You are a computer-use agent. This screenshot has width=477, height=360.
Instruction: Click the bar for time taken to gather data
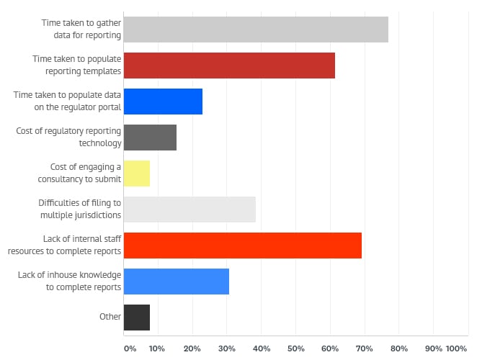click(256, 30)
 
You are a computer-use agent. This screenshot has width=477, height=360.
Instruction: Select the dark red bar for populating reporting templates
click(229, 66)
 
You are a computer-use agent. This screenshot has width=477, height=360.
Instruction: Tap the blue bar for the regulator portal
click(163, 102)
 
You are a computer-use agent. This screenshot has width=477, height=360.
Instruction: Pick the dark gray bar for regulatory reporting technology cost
click(150, 137)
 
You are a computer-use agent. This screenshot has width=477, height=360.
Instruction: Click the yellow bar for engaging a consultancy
click(137, 173)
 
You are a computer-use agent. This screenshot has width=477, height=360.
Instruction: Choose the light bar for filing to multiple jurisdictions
click(190, 209)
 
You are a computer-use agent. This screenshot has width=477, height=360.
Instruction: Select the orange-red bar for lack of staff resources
click(243, 246)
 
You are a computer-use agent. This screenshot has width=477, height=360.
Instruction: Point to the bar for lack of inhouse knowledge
click(177, 281)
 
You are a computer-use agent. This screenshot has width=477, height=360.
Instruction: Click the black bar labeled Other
click(137, 317)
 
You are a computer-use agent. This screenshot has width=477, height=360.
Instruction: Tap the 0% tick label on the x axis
click(130, 348)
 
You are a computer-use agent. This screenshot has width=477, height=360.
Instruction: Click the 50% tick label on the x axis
click(295, 348)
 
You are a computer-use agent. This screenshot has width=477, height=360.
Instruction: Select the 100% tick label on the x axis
click(457, 348)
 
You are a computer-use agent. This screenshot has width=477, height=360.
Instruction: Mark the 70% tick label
click(365, 348)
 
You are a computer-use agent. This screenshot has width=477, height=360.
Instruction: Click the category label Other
click(110, 317)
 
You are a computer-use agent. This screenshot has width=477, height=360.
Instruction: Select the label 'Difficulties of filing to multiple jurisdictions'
click(79, 209)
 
